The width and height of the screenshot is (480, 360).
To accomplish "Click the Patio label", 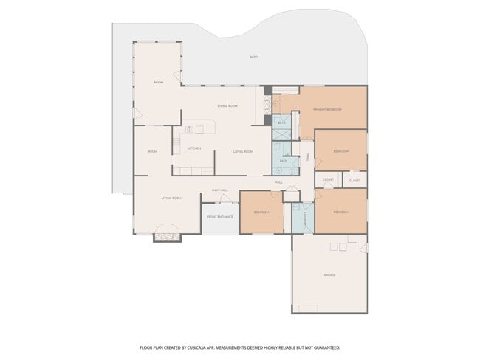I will coord(254,57).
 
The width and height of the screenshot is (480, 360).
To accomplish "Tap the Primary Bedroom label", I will coord(327,109).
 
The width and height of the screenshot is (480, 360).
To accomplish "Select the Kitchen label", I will coord(194,149).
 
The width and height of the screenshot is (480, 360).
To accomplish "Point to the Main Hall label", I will coord(220,190).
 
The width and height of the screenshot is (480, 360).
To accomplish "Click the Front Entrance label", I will coord(220,217).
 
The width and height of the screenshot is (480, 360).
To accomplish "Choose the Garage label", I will coord(329,274).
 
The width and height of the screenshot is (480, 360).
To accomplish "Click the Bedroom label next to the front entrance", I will coord(261,212).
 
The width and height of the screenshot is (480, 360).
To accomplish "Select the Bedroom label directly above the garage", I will coord(340,212).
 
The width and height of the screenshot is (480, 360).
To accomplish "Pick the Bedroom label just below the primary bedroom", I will coord(340,150).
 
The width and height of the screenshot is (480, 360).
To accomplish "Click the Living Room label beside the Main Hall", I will coord(172,198).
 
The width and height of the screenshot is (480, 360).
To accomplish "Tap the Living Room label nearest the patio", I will coord(227,106).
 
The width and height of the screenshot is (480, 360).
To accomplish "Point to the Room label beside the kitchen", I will coord(152,151).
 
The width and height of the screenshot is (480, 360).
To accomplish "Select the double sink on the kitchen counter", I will coord(190,129).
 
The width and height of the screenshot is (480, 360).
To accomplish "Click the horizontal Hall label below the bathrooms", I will coord(279,181).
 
